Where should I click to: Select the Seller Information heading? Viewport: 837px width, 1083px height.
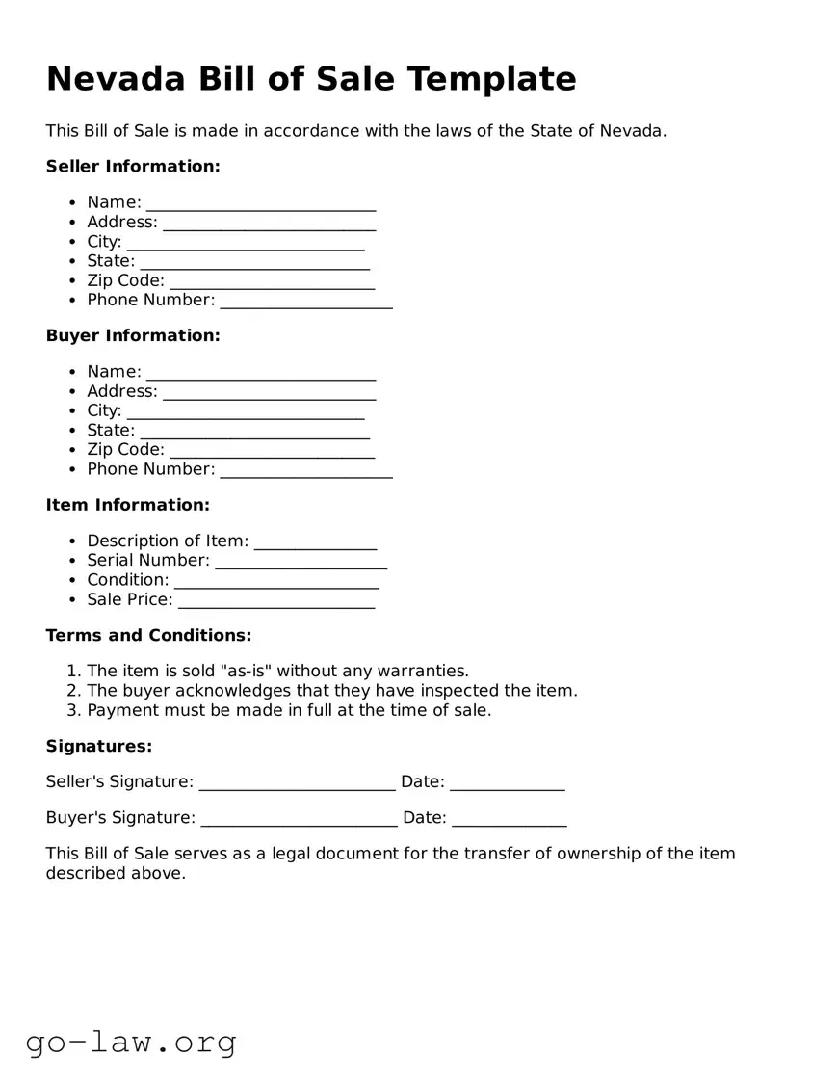click(133, 167)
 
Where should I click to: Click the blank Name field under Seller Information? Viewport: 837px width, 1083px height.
click(260, 203)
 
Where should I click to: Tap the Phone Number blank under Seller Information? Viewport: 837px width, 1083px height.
click(305, 301)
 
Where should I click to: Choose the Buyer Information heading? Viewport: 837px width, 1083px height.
click(133, 336)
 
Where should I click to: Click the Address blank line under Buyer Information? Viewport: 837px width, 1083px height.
click(269, 392)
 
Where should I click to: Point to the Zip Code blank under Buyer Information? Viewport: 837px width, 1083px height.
click(272, 451)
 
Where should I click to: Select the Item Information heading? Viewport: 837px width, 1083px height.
click(127, 505)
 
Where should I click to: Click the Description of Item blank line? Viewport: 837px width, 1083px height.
click(315, 541)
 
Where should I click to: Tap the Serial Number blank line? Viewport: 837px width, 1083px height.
click(301, 561)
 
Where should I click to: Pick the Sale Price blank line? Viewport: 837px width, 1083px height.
click(276, 600)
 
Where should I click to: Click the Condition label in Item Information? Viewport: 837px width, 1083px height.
click(127, 580)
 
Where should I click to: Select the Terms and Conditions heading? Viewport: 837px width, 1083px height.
click(148, 636)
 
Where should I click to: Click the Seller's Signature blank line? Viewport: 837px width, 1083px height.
click(297, 782)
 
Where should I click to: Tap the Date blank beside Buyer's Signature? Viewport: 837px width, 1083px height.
click(509, 818)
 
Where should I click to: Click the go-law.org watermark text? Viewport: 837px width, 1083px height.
click(131, 1043)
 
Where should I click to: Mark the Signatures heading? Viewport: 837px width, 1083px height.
click(99, 747)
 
